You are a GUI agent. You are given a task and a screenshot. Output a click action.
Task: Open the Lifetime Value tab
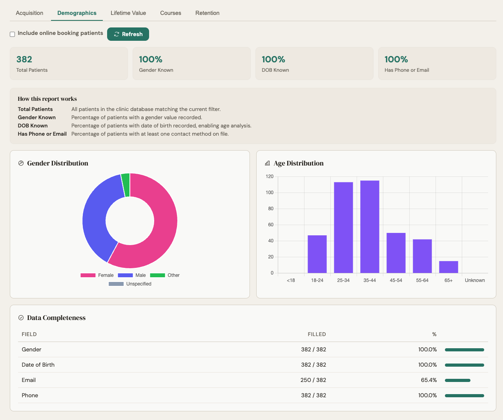point(128,13)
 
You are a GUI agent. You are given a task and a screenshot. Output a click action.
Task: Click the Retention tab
point(207,13)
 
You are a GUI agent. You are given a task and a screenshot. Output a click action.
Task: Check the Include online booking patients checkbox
point(13,34)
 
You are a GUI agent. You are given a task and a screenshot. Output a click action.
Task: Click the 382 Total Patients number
point(24,59)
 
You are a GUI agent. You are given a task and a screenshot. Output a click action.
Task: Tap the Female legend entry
point(97,275)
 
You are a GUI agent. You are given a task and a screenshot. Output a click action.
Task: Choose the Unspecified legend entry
point(130,284)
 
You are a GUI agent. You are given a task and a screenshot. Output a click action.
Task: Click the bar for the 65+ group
point(448,267)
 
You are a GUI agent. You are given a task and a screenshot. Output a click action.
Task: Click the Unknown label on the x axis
point(475,280)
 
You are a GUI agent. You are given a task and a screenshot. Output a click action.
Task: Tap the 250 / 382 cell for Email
point(313,380)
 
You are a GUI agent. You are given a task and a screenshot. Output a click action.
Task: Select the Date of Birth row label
point(38,365)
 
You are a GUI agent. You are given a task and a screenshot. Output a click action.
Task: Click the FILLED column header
point(317,335)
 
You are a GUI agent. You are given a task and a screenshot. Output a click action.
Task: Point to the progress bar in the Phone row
point(464,396)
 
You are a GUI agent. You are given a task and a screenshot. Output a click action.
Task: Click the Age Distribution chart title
point(298,163)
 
